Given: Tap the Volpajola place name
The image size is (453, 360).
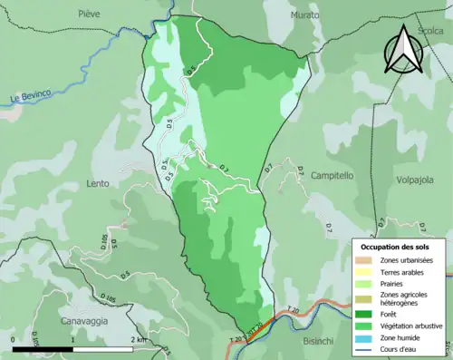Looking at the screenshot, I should [x=417, y=180].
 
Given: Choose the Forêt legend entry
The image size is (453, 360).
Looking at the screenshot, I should [x=390, y=313].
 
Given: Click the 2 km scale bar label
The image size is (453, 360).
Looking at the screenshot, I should [x=138, y=340].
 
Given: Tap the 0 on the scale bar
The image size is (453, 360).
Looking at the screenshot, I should [x=13, y=340].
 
